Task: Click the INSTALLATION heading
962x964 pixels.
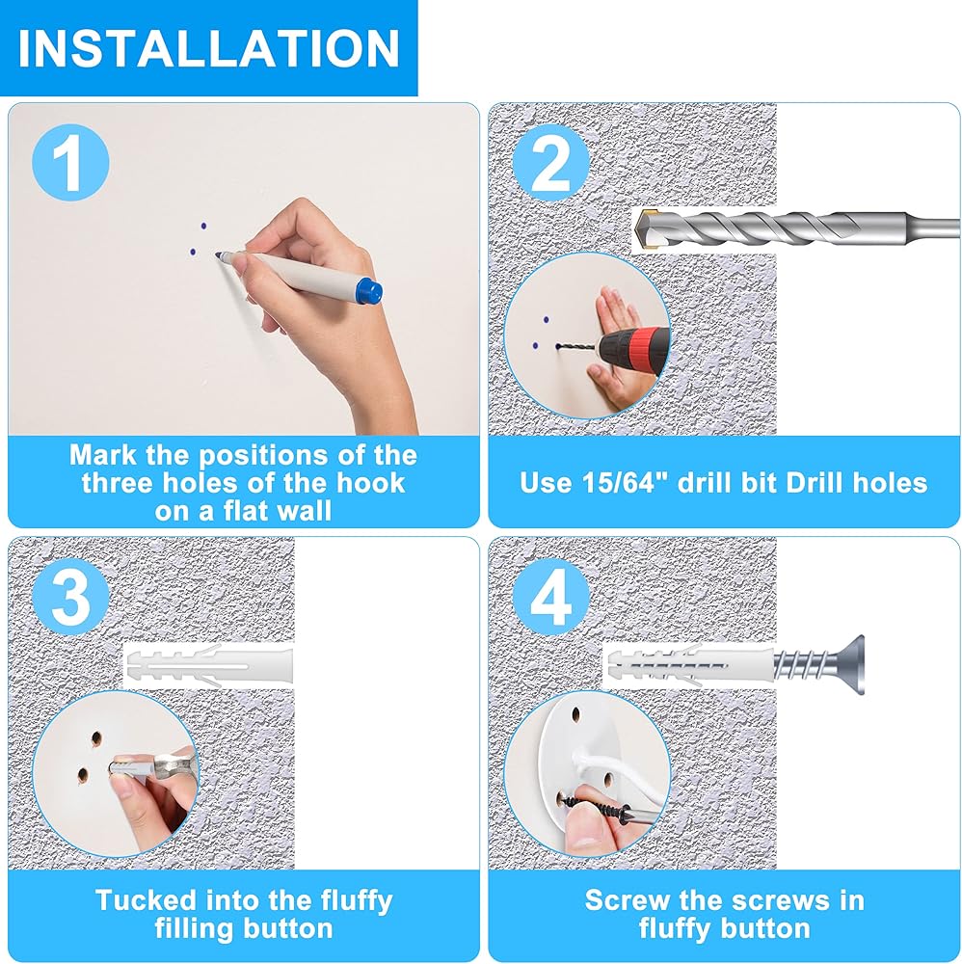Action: tap(209, 48)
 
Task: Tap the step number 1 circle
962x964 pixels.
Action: tap(70, 162)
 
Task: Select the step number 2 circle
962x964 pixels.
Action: tap(550, 162)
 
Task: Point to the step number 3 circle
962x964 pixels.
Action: tap(70, 597)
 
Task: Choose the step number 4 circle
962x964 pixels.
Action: tap(550, 597)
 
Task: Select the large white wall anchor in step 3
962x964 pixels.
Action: tap(209, 666)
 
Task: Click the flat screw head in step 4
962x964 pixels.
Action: tap(851, 665)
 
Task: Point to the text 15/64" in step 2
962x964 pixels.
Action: tap(626, 482)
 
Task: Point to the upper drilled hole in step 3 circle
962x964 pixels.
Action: tap(96, 738)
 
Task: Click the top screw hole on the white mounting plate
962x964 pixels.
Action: tap(576, 714)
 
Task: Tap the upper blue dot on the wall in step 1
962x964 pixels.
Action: tap(203, 227)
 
